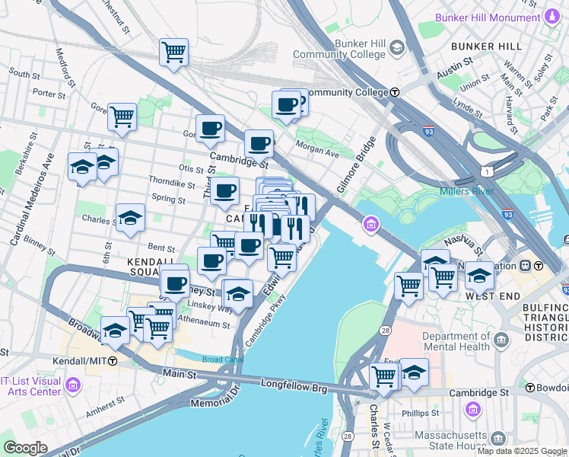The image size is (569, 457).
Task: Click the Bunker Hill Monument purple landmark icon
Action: [552, 17]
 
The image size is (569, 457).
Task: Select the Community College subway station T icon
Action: [395, 92]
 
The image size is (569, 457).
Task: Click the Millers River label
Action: [466, 191]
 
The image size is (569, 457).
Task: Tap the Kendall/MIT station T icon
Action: [113, 360]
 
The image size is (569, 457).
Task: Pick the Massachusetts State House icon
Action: [498, 439]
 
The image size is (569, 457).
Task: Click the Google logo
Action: [24, 447]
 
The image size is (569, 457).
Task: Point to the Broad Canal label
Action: [222, 360]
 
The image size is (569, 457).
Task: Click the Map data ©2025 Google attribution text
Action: [522, 451]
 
